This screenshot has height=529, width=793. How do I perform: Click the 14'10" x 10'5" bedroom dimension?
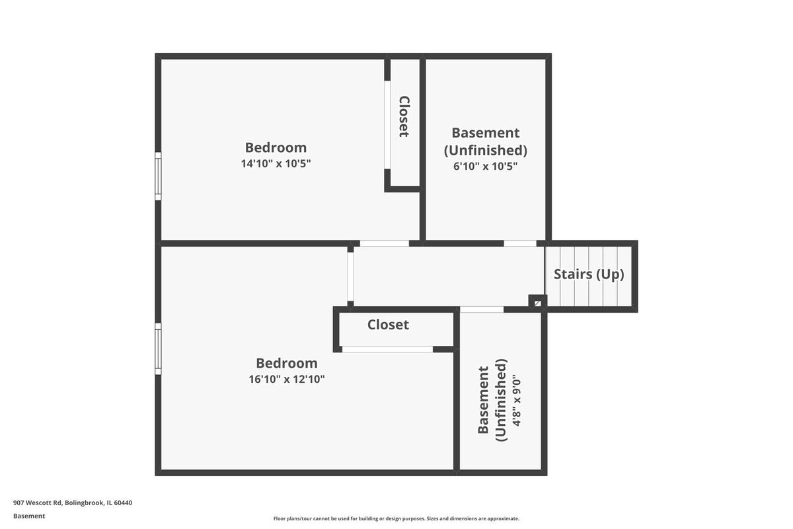[276, 164]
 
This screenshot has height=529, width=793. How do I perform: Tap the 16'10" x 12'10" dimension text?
[286, 379]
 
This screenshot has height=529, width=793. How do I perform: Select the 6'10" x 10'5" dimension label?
[485, 166]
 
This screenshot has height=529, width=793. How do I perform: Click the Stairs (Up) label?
[589, 274]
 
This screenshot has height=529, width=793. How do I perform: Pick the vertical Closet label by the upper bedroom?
[404, 116]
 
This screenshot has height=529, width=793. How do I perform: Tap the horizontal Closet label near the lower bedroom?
[388, 325]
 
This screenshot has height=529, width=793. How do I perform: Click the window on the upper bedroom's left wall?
[158, 176]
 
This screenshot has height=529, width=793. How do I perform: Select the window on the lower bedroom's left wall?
[158, 349]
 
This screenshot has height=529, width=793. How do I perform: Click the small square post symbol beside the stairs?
[537, 304]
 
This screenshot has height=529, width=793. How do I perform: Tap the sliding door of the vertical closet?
[387, 125]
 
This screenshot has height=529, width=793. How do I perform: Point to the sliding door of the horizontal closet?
[387, 349]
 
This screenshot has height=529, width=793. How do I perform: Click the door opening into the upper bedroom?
[385, 243]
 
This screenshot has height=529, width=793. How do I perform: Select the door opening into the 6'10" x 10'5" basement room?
[520, 243]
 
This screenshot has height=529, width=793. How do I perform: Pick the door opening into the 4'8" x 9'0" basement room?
[482, 309]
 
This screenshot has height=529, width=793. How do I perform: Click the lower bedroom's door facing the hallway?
[350, 276]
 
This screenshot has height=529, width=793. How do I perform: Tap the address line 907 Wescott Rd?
[73, 503]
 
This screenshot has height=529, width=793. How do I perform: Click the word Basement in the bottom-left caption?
[29, 516]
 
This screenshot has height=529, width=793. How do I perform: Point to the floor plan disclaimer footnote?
[396, 518]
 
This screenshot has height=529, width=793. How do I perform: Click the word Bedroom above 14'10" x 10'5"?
[276, 147]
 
